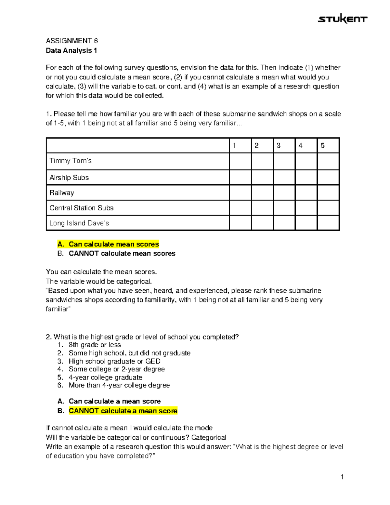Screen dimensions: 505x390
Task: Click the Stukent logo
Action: [342, 19]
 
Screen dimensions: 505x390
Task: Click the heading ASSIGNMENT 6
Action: [72, 41]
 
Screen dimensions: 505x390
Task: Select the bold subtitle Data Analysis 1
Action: [71, 50]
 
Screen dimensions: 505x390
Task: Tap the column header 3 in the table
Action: [279, 146]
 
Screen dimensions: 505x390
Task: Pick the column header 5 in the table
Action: [322, 146]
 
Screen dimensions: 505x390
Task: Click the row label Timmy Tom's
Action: [71, 161]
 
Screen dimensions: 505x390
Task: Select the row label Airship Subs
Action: [69, 178]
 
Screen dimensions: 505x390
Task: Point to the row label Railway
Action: [62, 193]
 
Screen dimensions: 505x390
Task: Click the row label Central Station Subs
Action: [82, 208]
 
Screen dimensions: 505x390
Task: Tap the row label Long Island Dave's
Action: [79, 223]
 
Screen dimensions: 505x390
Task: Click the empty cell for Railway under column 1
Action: [240, 193]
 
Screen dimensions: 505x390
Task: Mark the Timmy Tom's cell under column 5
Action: [328, 161]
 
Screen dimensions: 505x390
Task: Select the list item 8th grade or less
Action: [95, 345]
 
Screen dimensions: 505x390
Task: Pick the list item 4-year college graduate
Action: [105, 377]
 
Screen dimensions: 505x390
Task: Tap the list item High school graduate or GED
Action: [114, 361]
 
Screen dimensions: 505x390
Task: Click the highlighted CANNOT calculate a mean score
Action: [123, 411]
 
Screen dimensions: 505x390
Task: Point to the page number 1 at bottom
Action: [342, 477]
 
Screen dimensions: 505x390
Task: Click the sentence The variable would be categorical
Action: [99, 281]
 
